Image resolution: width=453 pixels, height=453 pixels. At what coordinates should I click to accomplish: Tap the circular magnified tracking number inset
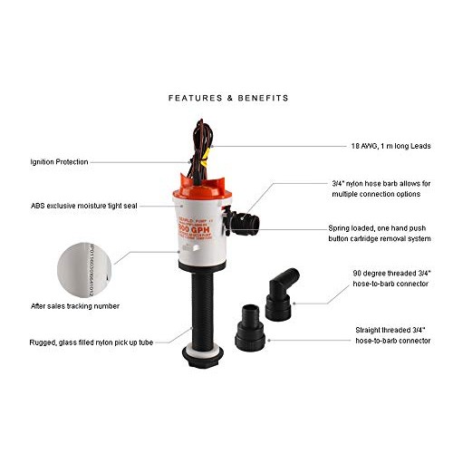(84, 262)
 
